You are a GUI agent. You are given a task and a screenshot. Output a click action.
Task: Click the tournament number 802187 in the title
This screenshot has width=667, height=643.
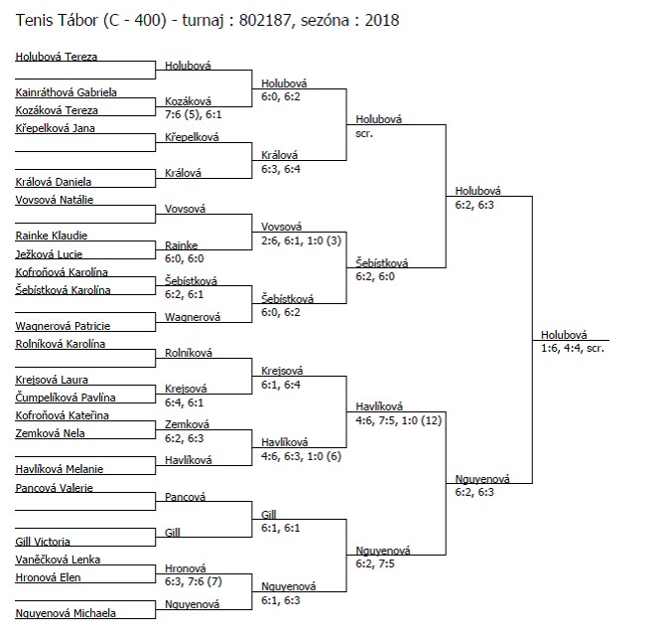click(x=265, y=21)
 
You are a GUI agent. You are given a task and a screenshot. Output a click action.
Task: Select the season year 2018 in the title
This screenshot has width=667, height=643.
click(x=382, y=21)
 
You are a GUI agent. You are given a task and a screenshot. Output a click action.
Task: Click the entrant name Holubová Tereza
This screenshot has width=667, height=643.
click(x=57, y=57)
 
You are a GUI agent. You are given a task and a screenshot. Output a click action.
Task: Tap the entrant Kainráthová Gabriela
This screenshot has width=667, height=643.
click(x=66, y=92)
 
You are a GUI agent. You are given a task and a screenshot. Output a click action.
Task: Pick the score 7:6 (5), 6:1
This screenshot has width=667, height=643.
click(x=194, y=114)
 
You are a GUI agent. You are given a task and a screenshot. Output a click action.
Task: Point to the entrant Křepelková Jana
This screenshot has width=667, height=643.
click(x=55, y=128)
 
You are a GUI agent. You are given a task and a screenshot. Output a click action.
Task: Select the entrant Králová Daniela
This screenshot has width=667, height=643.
click(x=54, y=182)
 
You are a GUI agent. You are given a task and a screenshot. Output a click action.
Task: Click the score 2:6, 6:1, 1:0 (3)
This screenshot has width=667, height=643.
click(x=301, y=241)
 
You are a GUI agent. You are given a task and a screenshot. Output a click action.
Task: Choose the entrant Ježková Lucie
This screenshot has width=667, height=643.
click(x=49, y=254)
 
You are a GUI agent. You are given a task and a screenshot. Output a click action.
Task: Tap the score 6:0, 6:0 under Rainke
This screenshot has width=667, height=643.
click(x=185, y=258)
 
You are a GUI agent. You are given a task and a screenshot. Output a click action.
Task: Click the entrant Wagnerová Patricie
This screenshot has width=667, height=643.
click(x=63, y=326)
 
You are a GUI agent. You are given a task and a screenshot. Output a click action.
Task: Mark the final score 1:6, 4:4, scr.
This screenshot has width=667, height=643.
click(x=572, y=348)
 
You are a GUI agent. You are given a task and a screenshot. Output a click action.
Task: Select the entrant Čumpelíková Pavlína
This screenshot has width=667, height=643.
click(x=66, y=398)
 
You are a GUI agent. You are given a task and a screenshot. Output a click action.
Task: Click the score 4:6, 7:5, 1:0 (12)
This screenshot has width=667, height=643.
click(x=399, y=420)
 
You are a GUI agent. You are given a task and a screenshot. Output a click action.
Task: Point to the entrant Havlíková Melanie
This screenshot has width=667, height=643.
click(x=60, y=469)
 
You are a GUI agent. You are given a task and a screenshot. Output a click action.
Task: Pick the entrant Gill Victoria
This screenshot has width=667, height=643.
click(x=43, y=542)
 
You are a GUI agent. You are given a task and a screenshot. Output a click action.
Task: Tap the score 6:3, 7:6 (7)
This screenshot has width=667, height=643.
click(x=194, y=581)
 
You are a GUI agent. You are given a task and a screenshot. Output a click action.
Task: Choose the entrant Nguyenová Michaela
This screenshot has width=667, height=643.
click(x=66, y=613)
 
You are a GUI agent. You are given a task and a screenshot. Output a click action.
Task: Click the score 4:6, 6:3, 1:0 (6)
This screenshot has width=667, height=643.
click(x=301, y=456)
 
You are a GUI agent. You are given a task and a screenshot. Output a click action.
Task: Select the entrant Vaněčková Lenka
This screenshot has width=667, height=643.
click(x=58, y=560)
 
